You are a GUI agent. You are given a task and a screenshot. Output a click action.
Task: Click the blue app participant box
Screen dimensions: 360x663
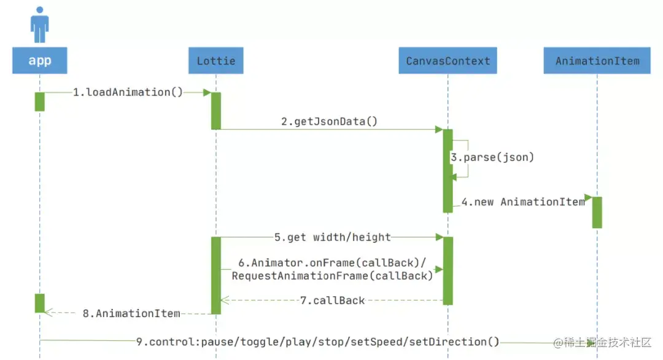(40, 61)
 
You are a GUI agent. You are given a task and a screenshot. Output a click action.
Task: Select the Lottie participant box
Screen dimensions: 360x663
(215, 61)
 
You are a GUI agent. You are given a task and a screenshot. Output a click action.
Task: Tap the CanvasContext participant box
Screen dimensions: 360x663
(448, 61)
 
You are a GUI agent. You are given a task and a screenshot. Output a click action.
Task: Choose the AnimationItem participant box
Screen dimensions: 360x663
(597, 61)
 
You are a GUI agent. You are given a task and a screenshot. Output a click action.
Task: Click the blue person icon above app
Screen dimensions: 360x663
(40, 25)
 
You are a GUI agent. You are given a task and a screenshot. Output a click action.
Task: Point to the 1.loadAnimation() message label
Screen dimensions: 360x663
(128, 92)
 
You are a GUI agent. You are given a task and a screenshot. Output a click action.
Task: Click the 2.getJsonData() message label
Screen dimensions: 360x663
(329, 122)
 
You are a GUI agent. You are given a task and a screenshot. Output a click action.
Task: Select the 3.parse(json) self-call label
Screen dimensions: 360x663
(492, 157)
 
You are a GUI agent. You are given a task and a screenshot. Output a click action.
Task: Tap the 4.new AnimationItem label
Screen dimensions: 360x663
(523, 202)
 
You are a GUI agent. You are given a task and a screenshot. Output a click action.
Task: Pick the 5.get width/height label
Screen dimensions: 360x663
(332, 237)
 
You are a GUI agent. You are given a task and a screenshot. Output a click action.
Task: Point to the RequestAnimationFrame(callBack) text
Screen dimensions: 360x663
(332, 276)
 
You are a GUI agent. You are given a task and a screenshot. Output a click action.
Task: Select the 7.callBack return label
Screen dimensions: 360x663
(332, 300)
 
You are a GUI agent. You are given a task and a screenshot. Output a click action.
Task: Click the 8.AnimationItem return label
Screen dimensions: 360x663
(131, 313)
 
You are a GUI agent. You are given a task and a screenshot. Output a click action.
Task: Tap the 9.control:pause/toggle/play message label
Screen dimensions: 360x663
(317, 342)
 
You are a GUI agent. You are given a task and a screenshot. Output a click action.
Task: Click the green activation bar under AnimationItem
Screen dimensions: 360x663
(597, 212)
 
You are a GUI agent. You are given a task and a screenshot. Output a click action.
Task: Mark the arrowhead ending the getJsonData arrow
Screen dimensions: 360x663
(439, 130)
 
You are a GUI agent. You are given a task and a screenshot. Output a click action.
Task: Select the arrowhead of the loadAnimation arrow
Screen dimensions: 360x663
(207, 93)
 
